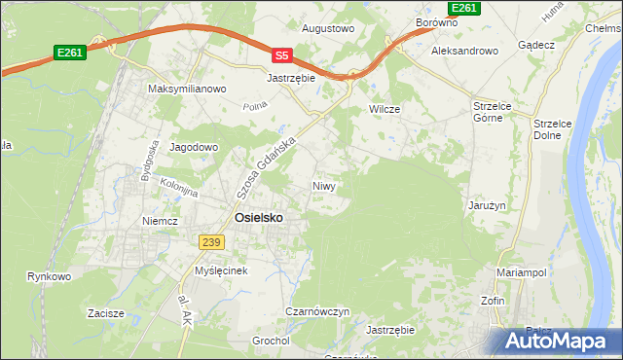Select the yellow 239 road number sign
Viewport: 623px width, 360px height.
(211, 241)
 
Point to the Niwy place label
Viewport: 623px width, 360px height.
(324, 186)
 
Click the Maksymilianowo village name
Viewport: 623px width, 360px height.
(187, 89)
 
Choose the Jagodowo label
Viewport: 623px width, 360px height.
(194, 147)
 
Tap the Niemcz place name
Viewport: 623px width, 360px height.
(160, 221)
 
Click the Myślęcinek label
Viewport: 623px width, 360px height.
(224, 270)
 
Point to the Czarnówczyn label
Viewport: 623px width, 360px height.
(317, 311)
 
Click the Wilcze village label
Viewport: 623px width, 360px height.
(385, 109)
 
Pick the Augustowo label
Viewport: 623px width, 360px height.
(327, 29)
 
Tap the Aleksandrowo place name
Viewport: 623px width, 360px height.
(464, 50)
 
